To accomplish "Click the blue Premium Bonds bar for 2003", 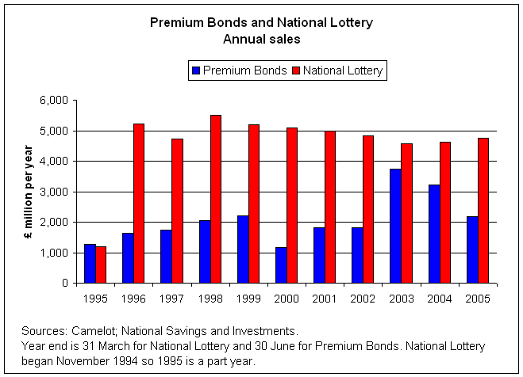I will [395, 226].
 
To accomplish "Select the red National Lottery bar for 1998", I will [216, 199].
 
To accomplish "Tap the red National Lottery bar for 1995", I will [101, 265].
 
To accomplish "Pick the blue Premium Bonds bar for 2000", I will [280, 265].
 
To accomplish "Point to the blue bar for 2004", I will [433, 234].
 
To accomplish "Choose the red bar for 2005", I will [483, 211].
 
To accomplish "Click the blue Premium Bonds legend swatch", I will [196, 70].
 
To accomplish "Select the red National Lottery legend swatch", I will [295, 70].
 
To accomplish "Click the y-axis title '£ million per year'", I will [29, 191].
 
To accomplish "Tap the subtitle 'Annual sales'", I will [261, 38].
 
